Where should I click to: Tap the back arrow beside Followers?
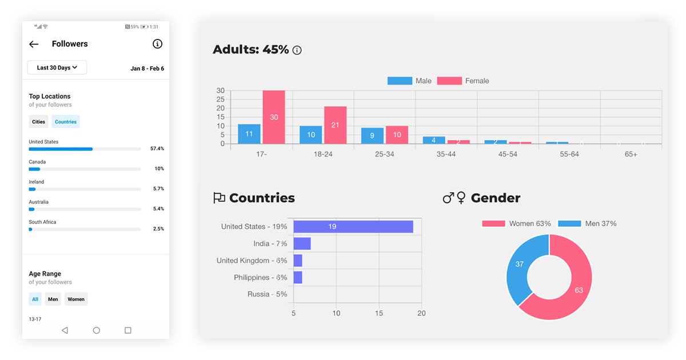coord(34,44)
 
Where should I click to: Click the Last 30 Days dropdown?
coord(57,67)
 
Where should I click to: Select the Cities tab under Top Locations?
coord(38,122)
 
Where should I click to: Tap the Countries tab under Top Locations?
coord(66,122)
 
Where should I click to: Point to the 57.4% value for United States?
coord(157,149)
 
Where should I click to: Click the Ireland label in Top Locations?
coord(37,182)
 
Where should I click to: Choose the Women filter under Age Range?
coord(76,299)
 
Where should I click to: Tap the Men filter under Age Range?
coord(53,299)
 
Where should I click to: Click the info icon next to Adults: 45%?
coord(297,50)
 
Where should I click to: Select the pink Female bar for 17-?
coord(274,117)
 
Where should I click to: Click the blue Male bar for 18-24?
coord(310,135)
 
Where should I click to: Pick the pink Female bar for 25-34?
coord(397,135)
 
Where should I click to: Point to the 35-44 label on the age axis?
coord(446,154)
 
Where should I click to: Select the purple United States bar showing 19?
coord(353,227)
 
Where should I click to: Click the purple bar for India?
coord(302,243)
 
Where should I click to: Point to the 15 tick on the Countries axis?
coord(379,313)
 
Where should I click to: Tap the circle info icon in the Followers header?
coord(157,44)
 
